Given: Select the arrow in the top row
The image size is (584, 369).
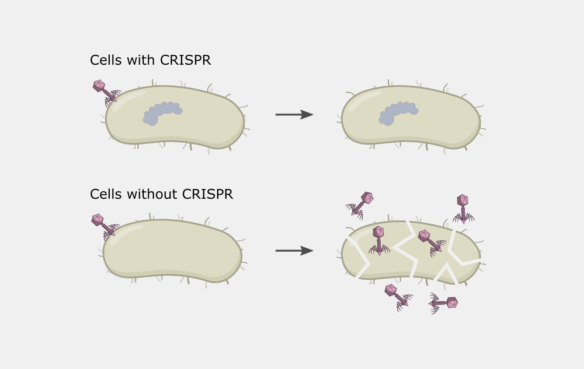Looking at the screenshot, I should click(x=294, y=115).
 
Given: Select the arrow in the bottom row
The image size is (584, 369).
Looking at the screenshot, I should click(x=294, y=251).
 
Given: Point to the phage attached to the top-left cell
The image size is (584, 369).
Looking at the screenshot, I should click(x=105, y=92).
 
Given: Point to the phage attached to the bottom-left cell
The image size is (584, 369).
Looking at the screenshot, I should click(x=104, y=226).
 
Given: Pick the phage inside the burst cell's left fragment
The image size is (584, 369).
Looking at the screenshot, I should click(x=378, y=240).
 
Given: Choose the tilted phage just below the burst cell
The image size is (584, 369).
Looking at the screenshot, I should click(x=398, y=297).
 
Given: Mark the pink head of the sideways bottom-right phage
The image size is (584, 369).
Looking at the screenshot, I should click(x=451, y=303).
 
